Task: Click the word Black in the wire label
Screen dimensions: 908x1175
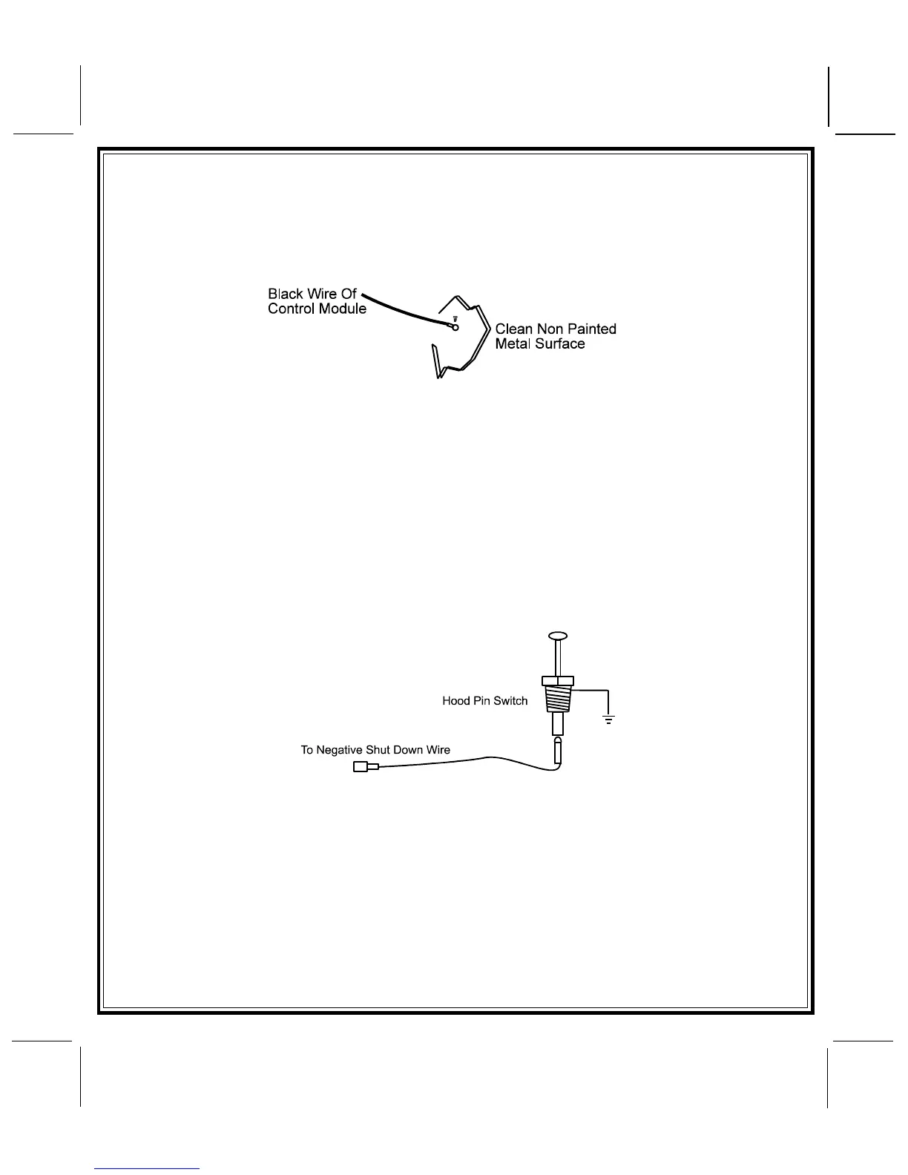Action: click(x=286, y=294)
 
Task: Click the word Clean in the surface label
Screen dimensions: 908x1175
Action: click(x=513, y=329)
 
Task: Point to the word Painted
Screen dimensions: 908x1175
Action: click(x=590, y=329)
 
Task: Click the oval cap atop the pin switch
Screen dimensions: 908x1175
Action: click(x=558, y=636)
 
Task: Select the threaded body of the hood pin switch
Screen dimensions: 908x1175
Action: click(x=558, y=700)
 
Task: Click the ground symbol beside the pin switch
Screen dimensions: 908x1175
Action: click(x=608, y=718)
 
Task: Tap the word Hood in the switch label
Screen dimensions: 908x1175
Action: click(x=455, y=700)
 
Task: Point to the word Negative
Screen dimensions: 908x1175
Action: click(x=339, y=750)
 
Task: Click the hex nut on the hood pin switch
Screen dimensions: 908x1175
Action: click(x=558, y=681)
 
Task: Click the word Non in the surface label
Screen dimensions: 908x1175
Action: click(x=550, y=329)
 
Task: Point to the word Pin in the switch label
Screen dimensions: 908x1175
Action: click(x=482, y=700)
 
